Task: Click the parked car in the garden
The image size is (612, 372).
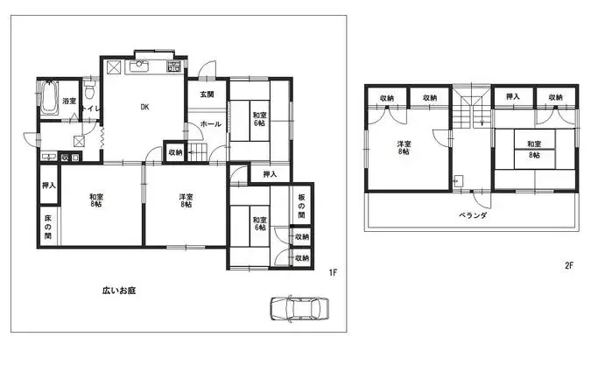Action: [299, 310]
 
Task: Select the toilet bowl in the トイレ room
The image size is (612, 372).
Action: [91, 92]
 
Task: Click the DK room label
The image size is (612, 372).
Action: [144, 108]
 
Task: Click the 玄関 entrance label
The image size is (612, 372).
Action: [207, 94]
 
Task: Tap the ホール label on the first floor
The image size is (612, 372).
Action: [210, 124]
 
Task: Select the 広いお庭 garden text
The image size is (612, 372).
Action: [118, 290]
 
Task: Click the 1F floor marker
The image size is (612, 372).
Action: [334, 273]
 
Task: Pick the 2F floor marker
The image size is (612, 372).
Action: [570, 264]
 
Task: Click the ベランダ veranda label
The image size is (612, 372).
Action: [473, 214]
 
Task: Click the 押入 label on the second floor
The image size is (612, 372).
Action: [513, 97]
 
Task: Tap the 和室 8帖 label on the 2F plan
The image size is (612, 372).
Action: [533, 149]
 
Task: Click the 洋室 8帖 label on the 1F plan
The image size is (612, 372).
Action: [185, 201]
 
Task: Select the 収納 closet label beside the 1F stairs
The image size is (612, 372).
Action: [175, 152]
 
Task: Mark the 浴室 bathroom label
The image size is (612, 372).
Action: [68, 102]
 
